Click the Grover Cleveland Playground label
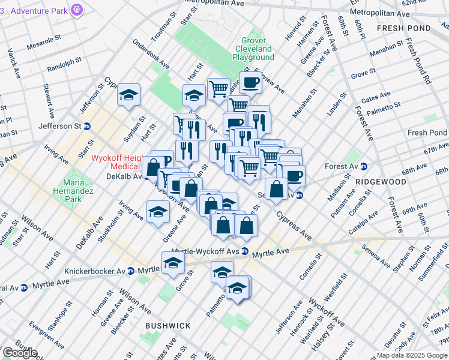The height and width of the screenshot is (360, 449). (253, 48)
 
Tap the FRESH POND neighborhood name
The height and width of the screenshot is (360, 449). (404, 28)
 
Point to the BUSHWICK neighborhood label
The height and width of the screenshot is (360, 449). (167, 326)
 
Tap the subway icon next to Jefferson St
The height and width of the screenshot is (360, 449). (87, 127)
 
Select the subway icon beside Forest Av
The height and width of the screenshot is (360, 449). (363, 167)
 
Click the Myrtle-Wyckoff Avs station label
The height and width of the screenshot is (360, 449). (206, 251)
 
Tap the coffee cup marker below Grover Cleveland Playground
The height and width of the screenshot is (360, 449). (250, 82)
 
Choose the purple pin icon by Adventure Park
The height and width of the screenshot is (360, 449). (76, 10)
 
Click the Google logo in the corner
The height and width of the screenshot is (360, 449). (20, 353)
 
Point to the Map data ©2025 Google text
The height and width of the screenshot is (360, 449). (412, 355)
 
